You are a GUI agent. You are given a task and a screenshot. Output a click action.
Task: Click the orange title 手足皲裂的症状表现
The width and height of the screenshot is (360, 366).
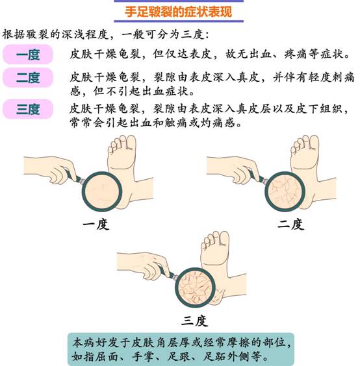click(178, 12)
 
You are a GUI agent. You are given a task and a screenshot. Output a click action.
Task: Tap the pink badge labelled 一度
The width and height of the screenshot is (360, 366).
click(28, 55)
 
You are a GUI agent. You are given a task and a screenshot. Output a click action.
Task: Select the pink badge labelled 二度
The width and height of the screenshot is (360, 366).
click(28, 77)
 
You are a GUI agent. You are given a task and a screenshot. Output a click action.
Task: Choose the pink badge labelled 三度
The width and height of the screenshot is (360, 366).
click(28, 109)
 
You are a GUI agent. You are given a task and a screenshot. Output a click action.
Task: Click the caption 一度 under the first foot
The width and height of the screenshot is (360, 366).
click(96, 225)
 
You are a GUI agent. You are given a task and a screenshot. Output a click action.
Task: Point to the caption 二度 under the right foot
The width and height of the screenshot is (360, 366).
click(291, 225)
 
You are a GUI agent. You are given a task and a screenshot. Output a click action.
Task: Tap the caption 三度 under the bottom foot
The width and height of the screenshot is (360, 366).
click(194, 321)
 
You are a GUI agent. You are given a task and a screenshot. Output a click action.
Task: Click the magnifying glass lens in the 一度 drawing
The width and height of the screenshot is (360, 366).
click(102, 191)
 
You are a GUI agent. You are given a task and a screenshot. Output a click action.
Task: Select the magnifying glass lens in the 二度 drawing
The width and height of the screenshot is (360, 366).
click(285, 191)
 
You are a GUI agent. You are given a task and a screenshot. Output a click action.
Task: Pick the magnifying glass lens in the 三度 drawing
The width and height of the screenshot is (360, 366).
click(195, 287)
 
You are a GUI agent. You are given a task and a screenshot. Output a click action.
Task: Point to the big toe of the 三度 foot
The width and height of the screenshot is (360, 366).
click(224, 238)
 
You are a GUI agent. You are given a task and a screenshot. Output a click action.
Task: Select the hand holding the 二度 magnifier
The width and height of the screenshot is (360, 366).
click(233, 169)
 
